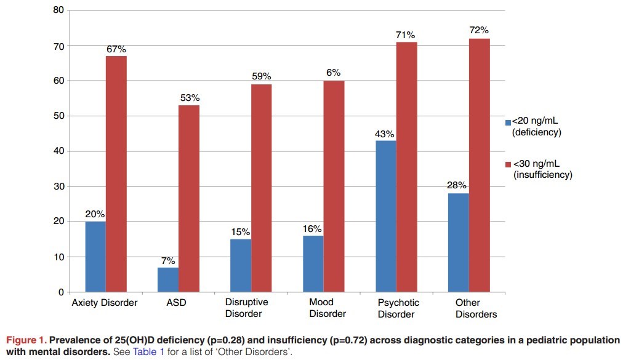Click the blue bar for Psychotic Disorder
[x=385, y=216]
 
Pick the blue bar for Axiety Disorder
[x=95, y=257]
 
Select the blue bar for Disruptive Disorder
[x=241, y=265]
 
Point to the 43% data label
[x=385, y=134]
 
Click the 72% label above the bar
[x=479, y=30]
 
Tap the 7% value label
[x=168, y=260]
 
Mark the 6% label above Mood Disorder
[x=334, y=73]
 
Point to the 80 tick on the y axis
[x=58, y=10]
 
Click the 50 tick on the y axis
[x=58, y=116]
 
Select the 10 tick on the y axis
[x=58, y=257]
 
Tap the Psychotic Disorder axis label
[x=398, y=308]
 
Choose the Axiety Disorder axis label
[x=105, y=303]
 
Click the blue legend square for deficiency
[x=508, y=122]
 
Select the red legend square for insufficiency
[x=508, y=164]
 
